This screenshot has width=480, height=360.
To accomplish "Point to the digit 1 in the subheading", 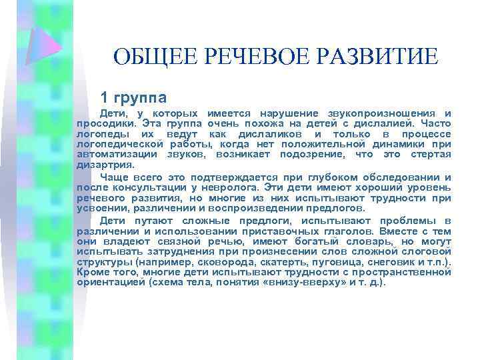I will (103, 95).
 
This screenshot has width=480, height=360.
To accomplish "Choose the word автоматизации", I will (111, 154).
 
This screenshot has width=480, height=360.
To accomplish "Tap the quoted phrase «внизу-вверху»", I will (295, 282).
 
